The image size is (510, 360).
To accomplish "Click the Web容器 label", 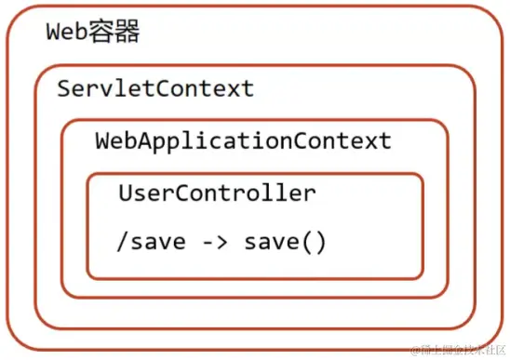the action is pyautogui.click(x=93, y=33).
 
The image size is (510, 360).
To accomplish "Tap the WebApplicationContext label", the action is pyautogui.click(x=243, y=141).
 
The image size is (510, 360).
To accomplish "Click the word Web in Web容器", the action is pyautogui.click(x=67, y=33).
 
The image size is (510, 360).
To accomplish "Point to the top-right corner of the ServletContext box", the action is pyautogui.click(x=474, y=68).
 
